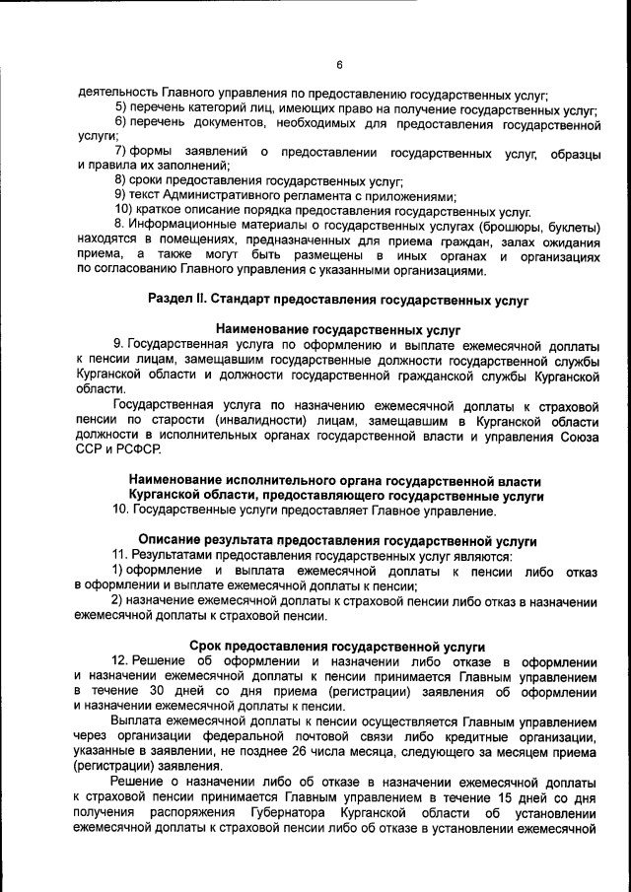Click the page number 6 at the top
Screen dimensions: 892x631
click(x=338, y=65)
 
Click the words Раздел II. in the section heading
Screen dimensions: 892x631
click(x=181, y=297)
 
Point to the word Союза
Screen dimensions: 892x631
click(x=578, y=435)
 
